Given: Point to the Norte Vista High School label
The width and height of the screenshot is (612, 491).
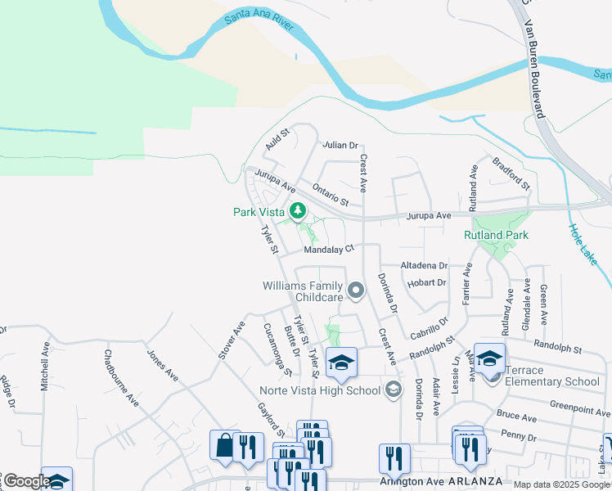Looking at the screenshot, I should coord(320,390).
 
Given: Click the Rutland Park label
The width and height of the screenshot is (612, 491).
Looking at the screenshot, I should coord(496,235).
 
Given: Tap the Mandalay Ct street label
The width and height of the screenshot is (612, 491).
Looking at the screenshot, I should coord(328,249).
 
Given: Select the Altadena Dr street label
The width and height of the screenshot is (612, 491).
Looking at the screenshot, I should coord(424,266).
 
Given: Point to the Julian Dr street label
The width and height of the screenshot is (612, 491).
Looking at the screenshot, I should coord(340,145).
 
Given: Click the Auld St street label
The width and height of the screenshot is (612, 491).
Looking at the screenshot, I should coord(278,140).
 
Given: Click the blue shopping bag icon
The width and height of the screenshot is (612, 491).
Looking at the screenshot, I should coord(224,446).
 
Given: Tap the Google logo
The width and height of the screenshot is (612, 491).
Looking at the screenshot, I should coord(27,481).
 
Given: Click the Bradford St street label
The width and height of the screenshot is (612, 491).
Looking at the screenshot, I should coord(511,173).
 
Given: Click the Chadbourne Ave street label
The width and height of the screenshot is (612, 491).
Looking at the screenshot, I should coord(120,378).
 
